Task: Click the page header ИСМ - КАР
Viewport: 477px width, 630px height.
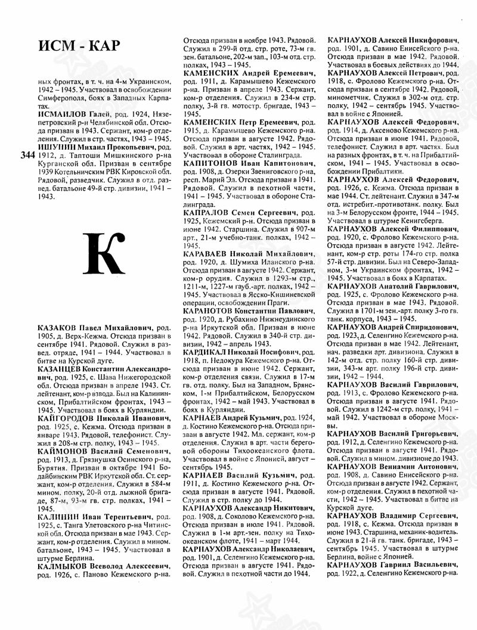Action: (78, 46)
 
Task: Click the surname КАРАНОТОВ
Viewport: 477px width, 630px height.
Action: (212, 311)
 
